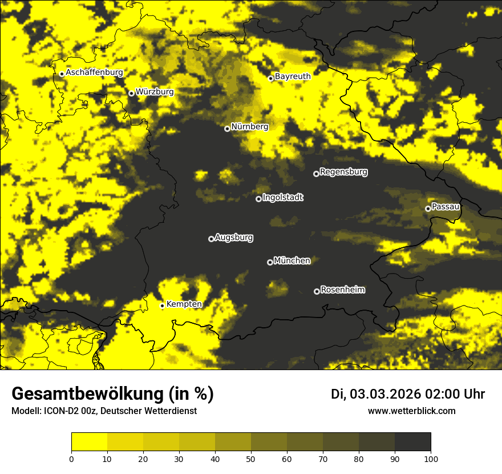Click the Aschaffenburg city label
(x=94, y=73)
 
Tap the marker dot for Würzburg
(x=131, y=93)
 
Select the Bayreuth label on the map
(x=293, y=76)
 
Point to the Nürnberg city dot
(x=227, y=128)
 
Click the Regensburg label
(x=343, y=172)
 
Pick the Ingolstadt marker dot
(x=258, y=199)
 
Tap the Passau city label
(x=446, y=206)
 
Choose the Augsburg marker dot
(x=211, y=239)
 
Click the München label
(x=292, y=261)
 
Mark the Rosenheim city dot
(x=317, y=291)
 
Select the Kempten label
(x=184, y=304)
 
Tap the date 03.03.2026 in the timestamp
(x=385, y=394)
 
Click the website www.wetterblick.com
(x=411, y=411)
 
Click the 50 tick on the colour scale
(x=251, y=459)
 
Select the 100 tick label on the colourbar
(x=430, y=459)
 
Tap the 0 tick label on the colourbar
(x=72, y=459)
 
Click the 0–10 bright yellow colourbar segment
(x=90, y=442)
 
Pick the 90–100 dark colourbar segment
(x=412, y=442)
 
